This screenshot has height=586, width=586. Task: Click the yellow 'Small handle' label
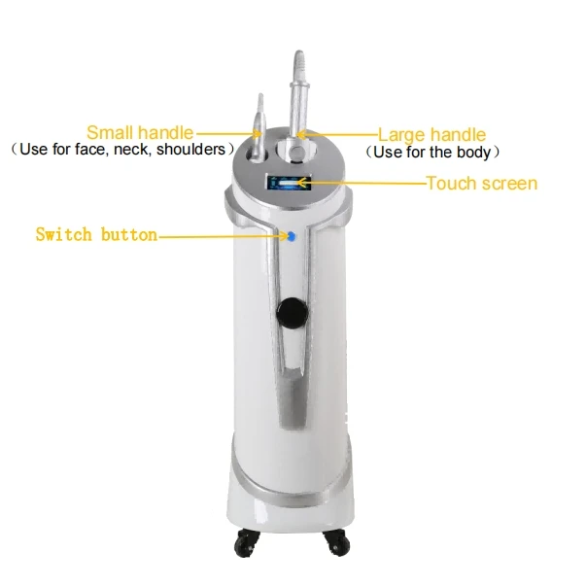140,133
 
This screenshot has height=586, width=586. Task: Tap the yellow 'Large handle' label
431,135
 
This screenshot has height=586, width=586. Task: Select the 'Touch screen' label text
481,183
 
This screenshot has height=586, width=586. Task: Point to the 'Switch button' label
95,234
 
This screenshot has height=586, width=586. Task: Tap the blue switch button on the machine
288,234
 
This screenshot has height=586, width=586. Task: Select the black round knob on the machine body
288,312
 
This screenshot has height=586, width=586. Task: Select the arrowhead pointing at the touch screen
315,183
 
